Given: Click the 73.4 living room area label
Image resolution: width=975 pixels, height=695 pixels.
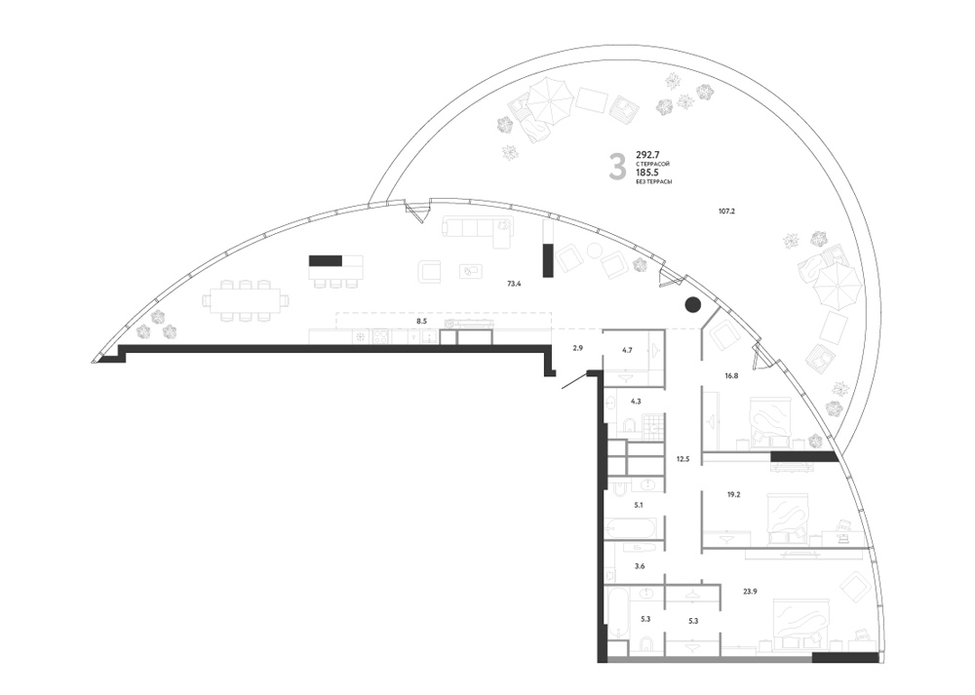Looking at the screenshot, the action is pos(514,284).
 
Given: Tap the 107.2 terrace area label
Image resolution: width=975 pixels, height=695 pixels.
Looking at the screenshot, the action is pos(727,212).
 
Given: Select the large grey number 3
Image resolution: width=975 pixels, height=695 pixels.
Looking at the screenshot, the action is pos(617,167).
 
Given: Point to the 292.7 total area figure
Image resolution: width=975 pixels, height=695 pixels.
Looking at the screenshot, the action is pos(646,154).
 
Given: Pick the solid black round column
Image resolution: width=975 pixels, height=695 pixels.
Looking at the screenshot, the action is pos(692,304).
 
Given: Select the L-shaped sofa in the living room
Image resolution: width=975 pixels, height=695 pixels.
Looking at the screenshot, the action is pos(477,227).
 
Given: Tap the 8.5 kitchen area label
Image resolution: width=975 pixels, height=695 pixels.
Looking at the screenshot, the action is pos(421,322).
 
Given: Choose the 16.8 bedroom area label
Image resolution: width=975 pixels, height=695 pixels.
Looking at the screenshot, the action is pos(731,375).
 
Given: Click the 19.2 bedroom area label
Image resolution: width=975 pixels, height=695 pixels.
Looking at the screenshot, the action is pos(733,495).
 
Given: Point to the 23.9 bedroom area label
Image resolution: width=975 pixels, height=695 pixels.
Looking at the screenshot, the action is pos(750,591).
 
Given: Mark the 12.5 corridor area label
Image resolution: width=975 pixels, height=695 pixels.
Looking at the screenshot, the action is pos(682,459).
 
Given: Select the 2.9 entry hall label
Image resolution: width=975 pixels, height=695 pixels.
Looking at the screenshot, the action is pos(577,348).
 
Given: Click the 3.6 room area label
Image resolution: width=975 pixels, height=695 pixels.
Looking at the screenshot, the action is pos(640,566).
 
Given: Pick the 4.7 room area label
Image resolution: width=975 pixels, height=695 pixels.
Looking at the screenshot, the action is pos(627,350).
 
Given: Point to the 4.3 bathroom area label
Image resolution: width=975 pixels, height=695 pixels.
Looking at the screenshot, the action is pos(636,402).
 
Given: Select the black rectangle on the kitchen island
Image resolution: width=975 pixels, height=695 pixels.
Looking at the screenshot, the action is pos(326,260).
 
